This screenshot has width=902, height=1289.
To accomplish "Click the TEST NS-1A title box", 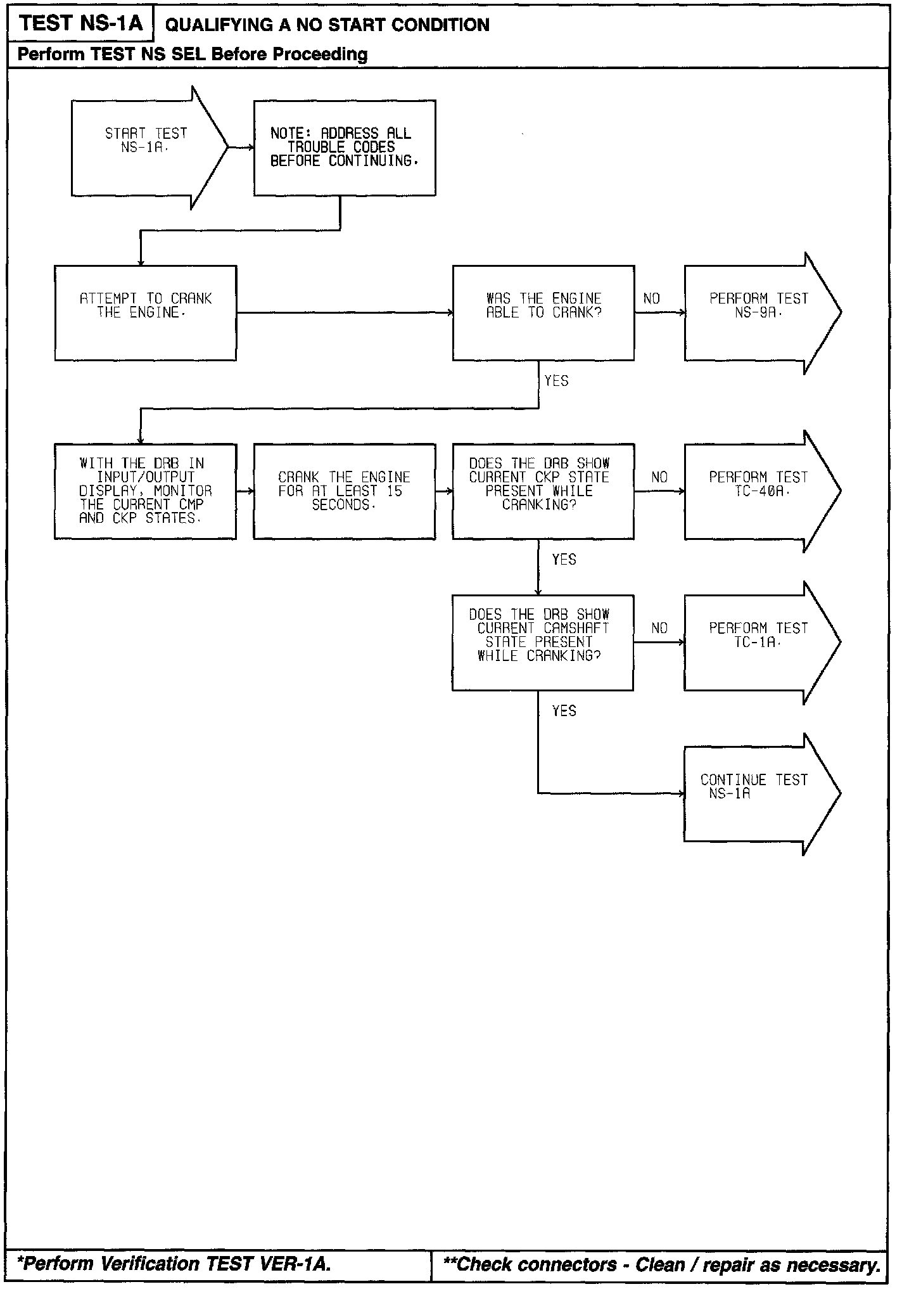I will pyautogui.click(x=80, y=23).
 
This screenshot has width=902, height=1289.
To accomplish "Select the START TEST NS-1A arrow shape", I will pyautogui.click(x=146, y=148).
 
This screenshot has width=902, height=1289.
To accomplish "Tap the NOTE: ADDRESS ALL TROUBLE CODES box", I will pyautogui.click(x=344, y=148).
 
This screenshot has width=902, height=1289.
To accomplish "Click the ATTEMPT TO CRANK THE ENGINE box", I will pyautogui.click(x=145, y=312).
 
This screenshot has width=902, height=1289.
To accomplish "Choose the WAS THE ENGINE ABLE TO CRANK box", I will pyautogui.click(x=543, y=312).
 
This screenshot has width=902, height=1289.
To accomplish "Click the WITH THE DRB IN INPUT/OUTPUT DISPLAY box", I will pyautogui.click(x=145, y=491).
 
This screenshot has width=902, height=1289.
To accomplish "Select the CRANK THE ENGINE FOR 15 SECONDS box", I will pyautogui.click(x=344, y=491).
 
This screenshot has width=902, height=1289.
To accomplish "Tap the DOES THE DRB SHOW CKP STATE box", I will pyautogui.click(x=543, y=491).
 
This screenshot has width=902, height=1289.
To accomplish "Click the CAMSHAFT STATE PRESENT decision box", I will pyautogui.click(x=542, y=642).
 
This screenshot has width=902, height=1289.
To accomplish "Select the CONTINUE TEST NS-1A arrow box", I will pyautogui.click(x=754, y=793).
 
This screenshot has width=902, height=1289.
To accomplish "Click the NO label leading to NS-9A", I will pyautogui.click(x=651, y=298).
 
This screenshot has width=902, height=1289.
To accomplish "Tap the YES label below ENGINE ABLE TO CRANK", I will pyautogui.click(x=556, y=381).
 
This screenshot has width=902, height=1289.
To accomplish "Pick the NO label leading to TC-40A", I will pyautogui.click(x=659, y=477).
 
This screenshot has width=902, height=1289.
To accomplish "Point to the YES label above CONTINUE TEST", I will pyautogui.click(x=564, y=711).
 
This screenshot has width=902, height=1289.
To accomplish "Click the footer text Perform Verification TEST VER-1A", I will pyautogui.click(x=174, y=1264).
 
